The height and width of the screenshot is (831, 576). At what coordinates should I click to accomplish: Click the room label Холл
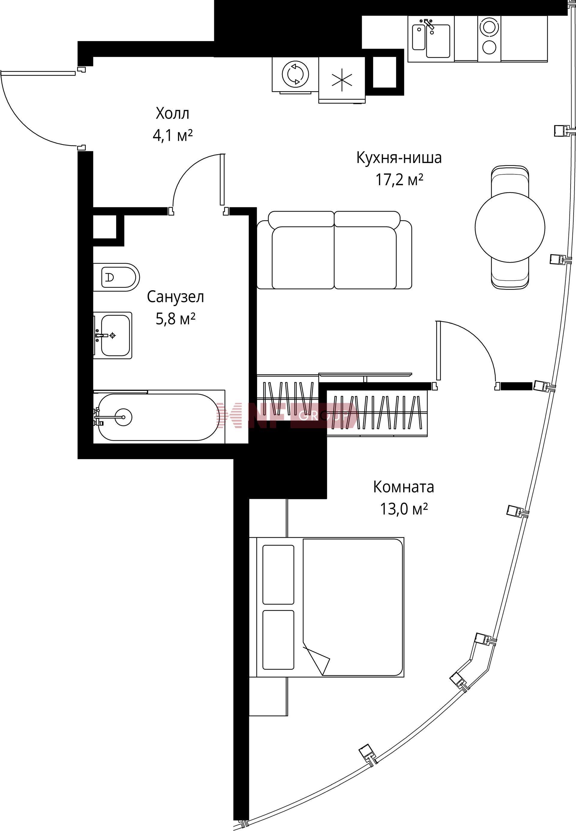[172, 113]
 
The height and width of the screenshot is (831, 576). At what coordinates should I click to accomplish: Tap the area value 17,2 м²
[399, 179]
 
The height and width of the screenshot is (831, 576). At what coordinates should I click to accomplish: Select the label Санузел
[175, 297]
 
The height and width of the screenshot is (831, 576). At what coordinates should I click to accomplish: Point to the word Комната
[403, 487]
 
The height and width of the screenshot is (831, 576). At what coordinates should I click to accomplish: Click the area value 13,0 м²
[403, 509]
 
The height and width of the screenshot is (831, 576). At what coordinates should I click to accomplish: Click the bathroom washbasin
[112, 335]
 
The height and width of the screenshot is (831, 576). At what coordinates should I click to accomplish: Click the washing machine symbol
[295, 74]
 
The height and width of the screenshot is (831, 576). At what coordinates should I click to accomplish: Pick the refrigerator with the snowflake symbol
[342, 80]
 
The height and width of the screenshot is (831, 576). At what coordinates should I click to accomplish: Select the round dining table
[510, 227]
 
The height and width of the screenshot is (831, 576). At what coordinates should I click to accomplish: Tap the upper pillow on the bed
[278, 575]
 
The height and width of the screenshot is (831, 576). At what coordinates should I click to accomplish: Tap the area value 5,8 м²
[175, 319]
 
